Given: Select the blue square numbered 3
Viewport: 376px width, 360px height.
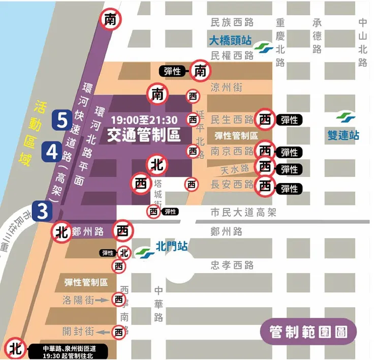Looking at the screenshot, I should (x=43, y=210).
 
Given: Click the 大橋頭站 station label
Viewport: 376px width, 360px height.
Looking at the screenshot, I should (x=232, y=40).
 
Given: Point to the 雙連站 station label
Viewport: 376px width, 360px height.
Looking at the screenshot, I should (x=343, y=136).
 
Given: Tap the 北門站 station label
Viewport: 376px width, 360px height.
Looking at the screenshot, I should (x=171, y=247).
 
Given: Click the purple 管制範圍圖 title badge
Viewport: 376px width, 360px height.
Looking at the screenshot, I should (x=309, y=333).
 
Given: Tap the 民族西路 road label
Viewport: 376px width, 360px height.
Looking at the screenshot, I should (x=232, y=22).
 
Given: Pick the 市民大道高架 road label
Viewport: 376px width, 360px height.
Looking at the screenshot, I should (x=243, y=213).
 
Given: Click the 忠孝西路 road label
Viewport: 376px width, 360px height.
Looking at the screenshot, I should (x=232, y=265).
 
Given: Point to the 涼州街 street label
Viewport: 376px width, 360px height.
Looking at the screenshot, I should (x=226, y=87).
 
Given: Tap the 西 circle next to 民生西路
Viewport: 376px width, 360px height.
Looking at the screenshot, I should (x=265, y=119).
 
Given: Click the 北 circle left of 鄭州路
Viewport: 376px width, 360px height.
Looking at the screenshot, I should (x=62, y=232).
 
